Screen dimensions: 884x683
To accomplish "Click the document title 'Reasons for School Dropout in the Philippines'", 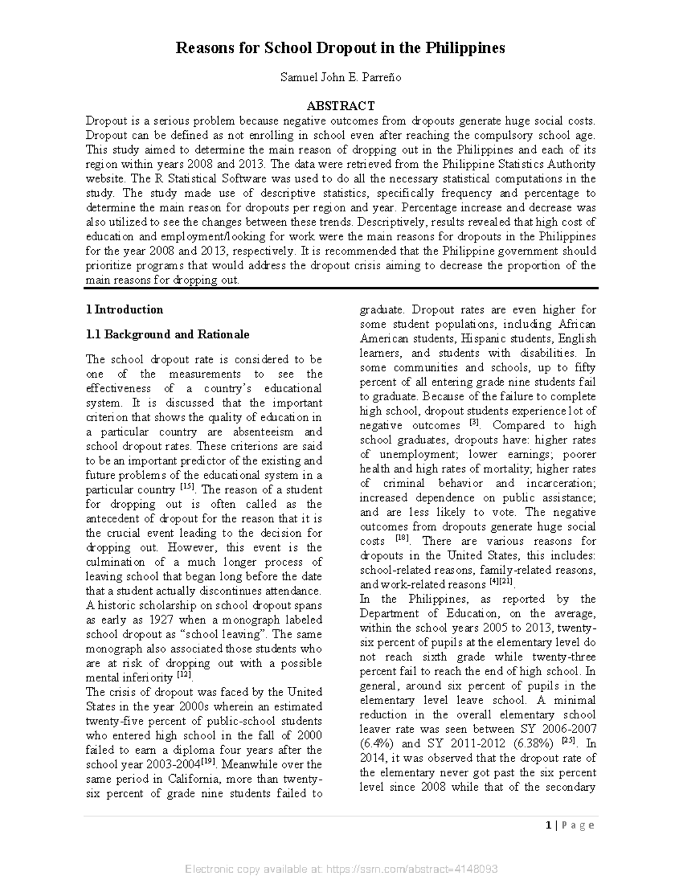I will click(x=340, y=48).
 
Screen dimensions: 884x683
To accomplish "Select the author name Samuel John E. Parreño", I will click(x=340, y=77).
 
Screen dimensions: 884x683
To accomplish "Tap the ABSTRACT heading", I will click(x=340, y=106).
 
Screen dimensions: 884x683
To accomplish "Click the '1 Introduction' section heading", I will click(x=124, y=310).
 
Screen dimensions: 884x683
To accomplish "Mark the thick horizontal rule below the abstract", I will click(x=340, y=289).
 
